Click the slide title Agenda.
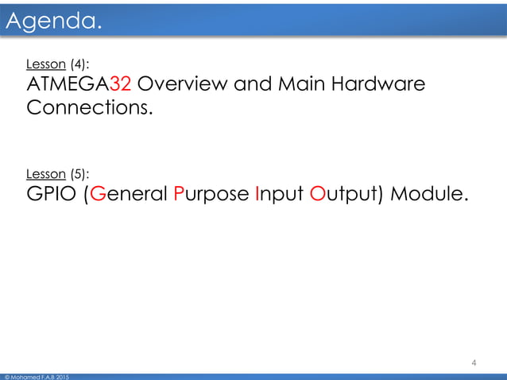[x=54, y=24]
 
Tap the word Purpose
[x=212, y=193]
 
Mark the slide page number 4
[x=474, y=363]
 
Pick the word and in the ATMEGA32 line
[x=254, y=84]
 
